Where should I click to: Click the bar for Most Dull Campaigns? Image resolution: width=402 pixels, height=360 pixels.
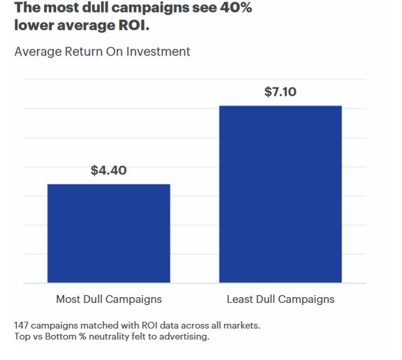pos(108,233)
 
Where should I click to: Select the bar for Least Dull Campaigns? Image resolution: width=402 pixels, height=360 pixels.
pos(280,194)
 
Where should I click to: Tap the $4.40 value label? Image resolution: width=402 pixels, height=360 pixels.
pos(108,170)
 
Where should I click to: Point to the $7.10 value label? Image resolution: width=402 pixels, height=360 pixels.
pos(280,92)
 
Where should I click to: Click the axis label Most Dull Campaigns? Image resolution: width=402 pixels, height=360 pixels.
pos(108,299)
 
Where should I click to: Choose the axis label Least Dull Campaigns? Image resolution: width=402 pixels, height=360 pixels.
pos(280,299)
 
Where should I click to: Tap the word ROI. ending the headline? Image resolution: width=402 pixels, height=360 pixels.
pos(132,26)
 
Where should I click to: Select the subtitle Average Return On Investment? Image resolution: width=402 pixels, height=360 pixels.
pos(102,52)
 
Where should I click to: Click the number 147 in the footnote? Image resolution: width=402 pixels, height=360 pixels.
pos(21,325)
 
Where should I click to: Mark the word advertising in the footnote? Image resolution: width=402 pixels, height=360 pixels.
pos(184,336)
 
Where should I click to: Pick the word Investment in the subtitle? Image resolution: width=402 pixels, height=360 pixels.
pos(163,52)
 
